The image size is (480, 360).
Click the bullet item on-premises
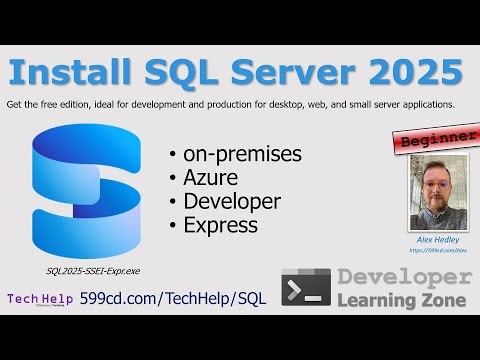[240, 155]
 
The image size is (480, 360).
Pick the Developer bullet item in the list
[231, 201]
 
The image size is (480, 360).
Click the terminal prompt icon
[305, 287]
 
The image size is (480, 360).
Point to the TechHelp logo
[39, 298]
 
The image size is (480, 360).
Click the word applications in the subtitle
[421, 104]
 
